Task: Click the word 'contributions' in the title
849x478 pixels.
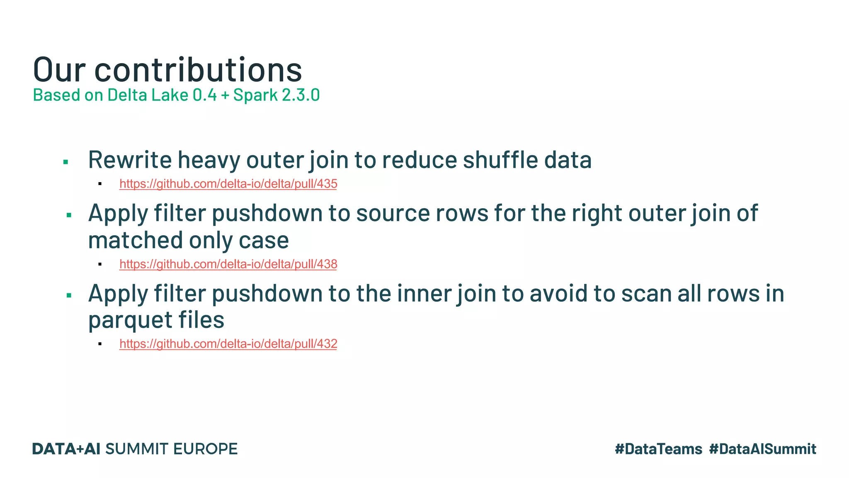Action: click(x=198, y=70)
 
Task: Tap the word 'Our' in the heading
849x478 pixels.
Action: click(x=59, y=70)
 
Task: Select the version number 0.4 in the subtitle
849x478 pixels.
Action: click(x=204, y=95)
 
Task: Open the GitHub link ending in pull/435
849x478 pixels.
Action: click(x=228, y=184)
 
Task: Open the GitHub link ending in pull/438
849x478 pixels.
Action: click(x=228, y=264)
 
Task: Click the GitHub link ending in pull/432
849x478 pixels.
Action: click(x=228, y=344)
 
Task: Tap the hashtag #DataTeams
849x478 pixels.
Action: click(x=658, y=449)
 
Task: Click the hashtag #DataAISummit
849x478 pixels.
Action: click(x=762, y=449)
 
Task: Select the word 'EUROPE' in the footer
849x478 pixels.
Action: click(x=205, y=449)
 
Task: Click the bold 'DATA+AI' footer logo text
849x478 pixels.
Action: click(x=66, y=449)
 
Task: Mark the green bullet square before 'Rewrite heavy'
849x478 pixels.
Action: click(x=65, y=162)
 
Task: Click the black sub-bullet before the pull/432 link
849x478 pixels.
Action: click(x=100, y=344)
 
